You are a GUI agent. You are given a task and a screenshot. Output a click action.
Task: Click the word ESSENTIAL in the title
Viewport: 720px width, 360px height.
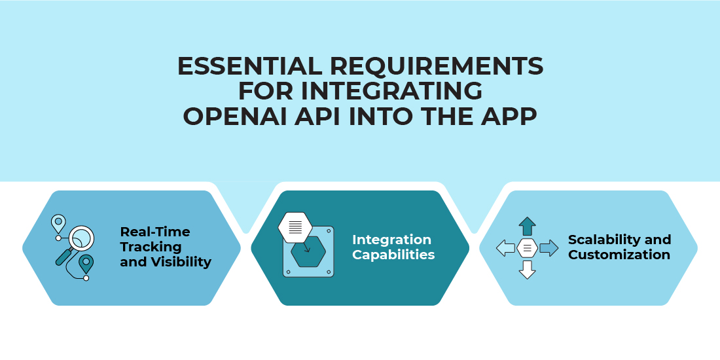tap(250, 67)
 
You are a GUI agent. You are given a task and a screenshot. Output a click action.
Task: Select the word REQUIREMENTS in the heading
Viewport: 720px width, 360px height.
tap(437, 67)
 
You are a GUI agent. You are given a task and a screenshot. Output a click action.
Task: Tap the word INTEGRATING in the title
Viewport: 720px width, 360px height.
tap(391, 92)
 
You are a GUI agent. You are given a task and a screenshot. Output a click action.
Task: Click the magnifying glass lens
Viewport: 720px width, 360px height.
tap(80, 239)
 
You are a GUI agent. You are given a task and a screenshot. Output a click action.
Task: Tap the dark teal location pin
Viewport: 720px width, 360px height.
tap(86, 264)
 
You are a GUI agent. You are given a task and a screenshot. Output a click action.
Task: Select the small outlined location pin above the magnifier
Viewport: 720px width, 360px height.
tap(58, 223)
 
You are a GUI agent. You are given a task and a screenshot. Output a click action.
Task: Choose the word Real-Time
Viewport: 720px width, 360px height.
tap(154, 232)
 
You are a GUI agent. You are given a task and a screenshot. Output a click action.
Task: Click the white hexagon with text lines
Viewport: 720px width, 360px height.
tap(295, 227)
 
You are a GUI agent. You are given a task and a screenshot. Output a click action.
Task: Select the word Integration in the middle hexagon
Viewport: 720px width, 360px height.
tap(391, 240)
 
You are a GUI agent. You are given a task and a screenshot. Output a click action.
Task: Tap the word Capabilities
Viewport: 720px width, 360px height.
tap(393, 255)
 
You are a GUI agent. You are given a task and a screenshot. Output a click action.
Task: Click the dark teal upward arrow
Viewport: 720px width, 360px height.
tap(527, 226)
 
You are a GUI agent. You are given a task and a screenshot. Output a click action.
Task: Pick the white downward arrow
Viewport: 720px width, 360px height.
tap(527, 270)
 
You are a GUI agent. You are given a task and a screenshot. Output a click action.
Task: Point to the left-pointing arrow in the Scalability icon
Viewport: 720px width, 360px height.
tap(505, 249)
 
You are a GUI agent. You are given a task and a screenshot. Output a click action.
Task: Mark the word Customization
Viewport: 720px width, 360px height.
tap(619, 255)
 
